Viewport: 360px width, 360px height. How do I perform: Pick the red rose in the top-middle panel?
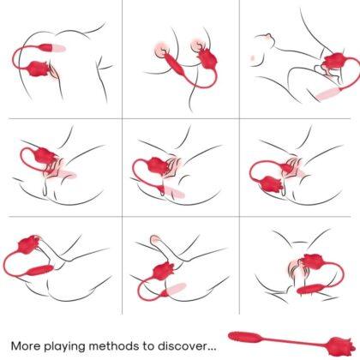pos(206,58)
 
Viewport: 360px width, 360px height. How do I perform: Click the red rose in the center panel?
pos(159,165)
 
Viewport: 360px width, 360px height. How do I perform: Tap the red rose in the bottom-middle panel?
pos(160,270)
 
